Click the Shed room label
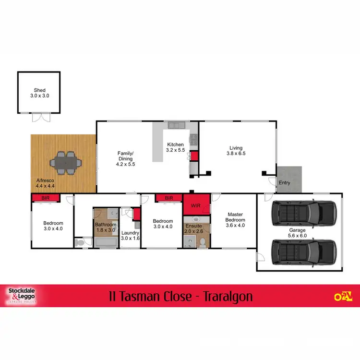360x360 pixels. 39,93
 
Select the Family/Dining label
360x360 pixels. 126,158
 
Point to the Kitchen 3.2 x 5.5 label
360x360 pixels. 175,147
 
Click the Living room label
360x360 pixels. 236,151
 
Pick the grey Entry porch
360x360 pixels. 289,178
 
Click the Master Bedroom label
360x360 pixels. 236,220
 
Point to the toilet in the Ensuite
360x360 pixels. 202,242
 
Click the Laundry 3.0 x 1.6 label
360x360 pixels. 130,235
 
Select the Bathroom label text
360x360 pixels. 105,225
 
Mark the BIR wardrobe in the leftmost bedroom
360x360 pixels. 46,197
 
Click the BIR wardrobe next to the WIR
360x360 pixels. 168,197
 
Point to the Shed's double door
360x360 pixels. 39,117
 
